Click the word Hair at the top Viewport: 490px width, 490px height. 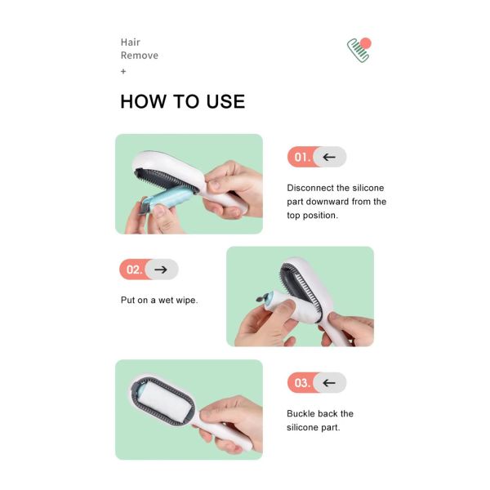coord(131,42)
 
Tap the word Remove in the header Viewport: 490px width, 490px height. coord(140,56)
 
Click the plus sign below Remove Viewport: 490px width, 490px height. coord(123,71)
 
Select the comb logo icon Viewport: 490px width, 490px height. coord(359,48)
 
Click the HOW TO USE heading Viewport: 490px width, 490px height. coord(182,101)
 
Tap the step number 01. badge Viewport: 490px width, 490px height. coord(301,157)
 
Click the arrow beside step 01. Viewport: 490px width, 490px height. coord(330,157)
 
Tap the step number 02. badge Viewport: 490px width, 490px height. coord(133,269)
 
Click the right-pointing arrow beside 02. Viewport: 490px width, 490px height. coord(162,269)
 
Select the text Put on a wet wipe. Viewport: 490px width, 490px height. coord(159,300)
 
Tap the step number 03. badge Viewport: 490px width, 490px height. coord(301,382)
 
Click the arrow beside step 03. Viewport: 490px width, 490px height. coord(330,382)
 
